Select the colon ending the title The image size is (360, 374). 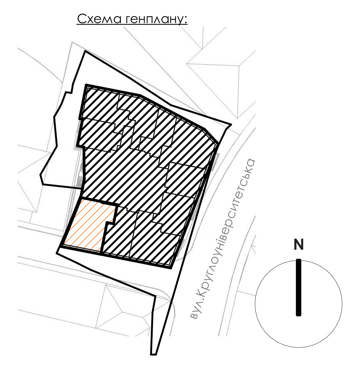pyautogui.click(x=185, y=20)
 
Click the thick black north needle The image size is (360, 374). pyautogui.click(x=298, y=287)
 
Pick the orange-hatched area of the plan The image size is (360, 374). pyautogui.click(x=89, y=225)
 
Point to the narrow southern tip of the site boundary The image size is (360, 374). pyautogui.click(x=153, y=354)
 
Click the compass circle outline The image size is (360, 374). pyautogui.click(x=255, y=304)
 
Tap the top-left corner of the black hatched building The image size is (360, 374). pyautogui.click(x=86, y=85)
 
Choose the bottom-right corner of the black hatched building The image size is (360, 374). pyautogui.click(x=171, y=268)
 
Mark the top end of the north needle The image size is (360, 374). pyautogui.click(x=298, y=259)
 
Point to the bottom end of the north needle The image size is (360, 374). pyautogui.click(x=298, y=316)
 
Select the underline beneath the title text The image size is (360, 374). pyautogui.click(x=132, y=24)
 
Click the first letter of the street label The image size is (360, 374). pyautogui.click(x=194, y=316)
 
